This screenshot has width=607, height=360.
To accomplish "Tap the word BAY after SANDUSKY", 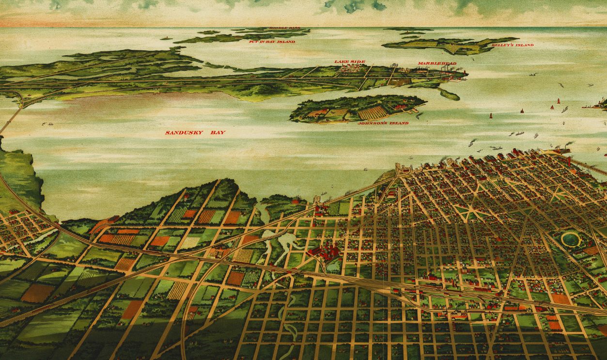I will point(218,132).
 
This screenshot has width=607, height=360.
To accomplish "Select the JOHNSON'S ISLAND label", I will point(383,123).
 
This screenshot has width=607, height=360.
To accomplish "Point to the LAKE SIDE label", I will point(349,62).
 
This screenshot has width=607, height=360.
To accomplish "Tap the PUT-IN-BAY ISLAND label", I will point(272,42).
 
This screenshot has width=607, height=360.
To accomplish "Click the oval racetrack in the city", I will point(570,238).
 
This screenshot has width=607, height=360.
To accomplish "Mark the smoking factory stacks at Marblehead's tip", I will point(451,72).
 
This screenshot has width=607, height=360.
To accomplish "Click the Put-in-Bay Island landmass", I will point(242,37).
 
